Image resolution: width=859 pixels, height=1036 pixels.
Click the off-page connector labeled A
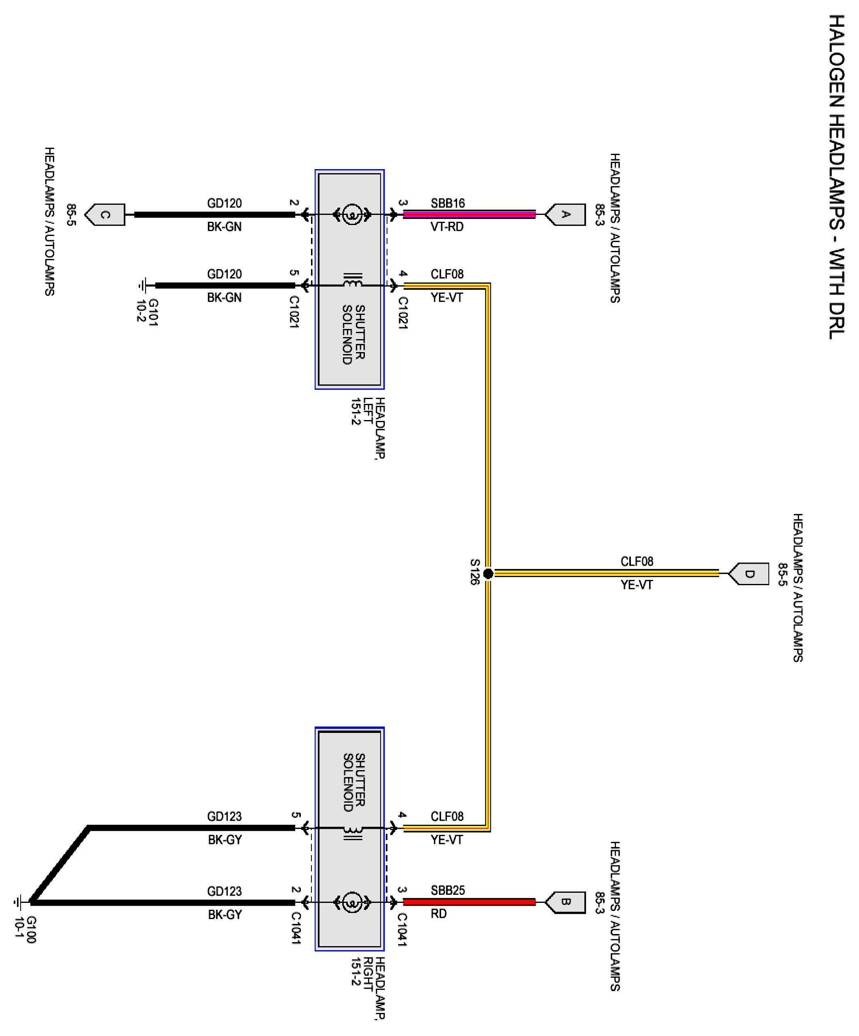[x=567, y=214]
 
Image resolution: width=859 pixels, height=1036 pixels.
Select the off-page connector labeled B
[x=567, y=902]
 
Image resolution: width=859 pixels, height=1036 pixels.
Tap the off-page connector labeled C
[x=106, y=214]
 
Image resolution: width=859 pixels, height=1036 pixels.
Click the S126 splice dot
[x=488, y=574]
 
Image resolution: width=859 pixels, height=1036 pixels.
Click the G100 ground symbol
[x=18, y=902]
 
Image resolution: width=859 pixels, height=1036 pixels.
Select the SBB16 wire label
[x=447, y=203]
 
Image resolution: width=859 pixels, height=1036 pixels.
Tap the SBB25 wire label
[x=447, y=890]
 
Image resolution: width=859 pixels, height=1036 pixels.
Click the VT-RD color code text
[x=447, y=227]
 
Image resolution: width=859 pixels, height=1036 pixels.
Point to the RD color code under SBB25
[x=438, y=914]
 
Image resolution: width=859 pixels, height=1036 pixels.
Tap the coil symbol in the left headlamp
[x=353, y=284]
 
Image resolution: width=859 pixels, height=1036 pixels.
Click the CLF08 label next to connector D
[x=637, y=561]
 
